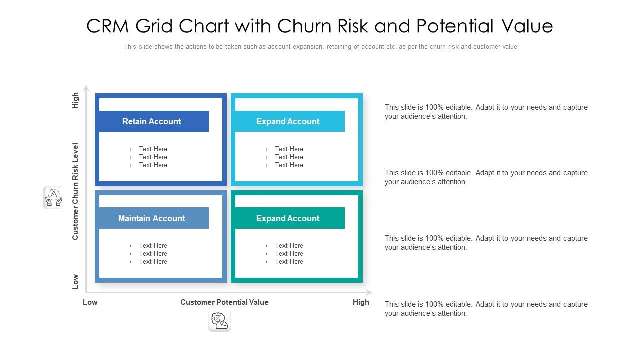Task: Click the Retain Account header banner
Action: click(154, 121)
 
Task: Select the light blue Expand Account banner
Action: click(290, 121)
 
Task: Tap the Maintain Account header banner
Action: click(154, 218)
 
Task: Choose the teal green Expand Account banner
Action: click(290, 218)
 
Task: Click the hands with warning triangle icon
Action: click(54, 197)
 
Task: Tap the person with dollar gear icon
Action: click(219, 321)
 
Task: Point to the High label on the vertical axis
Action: click(75, 100)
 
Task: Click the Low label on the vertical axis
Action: click(75, 282)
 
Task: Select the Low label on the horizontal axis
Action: click(90, 302)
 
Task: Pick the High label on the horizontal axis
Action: click(361, 302)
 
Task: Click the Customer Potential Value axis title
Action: click(224, 302)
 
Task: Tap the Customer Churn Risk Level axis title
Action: click(75, 191)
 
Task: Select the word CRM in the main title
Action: click(107, 26)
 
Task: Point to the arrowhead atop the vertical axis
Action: click(86, 88)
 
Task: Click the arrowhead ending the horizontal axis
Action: click(369, 292)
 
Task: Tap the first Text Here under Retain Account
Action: click(153, 149)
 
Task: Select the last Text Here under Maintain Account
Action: click(153, 261)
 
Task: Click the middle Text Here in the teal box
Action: click(289, 253)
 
